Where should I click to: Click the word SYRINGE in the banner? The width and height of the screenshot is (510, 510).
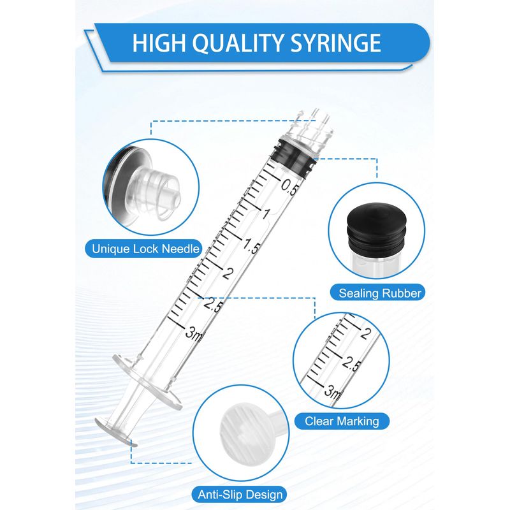click(x=335, y=43)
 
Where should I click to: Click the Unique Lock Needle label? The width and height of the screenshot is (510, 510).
click(x=145, y=249)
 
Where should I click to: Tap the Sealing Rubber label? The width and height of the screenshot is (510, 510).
click(x=380, y=293)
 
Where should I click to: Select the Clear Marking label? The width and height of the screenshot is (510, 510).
click(x=342, y=421)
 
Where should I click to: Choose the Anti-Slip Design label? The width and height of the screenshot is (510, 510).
click(x=240, y=495)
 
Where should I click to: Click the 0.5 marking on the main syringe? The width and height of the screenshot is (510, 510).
click(x=289, y=187)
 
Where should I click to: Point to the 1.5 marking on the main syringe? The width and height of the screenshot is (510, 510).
click(x=251, y=245)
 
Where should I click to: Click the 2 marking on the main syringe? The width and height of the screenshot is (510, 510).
click(x=228, y=273)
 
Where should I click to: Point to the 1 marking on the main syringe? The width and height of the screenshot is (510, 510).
click(x=266, y=214)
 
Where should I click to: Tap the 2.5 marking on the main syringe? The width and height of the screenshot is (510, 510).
click(x=213, y=305)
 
